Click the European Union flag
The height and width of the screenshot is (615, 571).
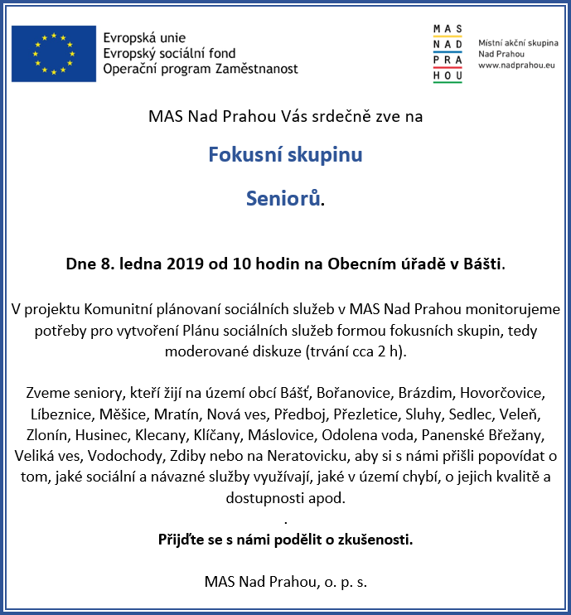pos(53,54)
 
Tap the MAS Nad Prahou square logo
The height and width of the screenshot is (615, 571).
pos(448,54)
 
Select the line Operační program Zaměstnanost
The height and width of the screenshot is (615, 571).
pos(201,69)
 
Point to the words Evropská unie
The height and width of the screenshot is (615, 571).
pos(144,38)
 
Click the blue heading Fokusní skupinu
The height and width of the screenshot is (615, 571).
pos(285,155)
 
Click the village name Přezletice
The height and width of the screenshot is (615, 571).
pos(366,413)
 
